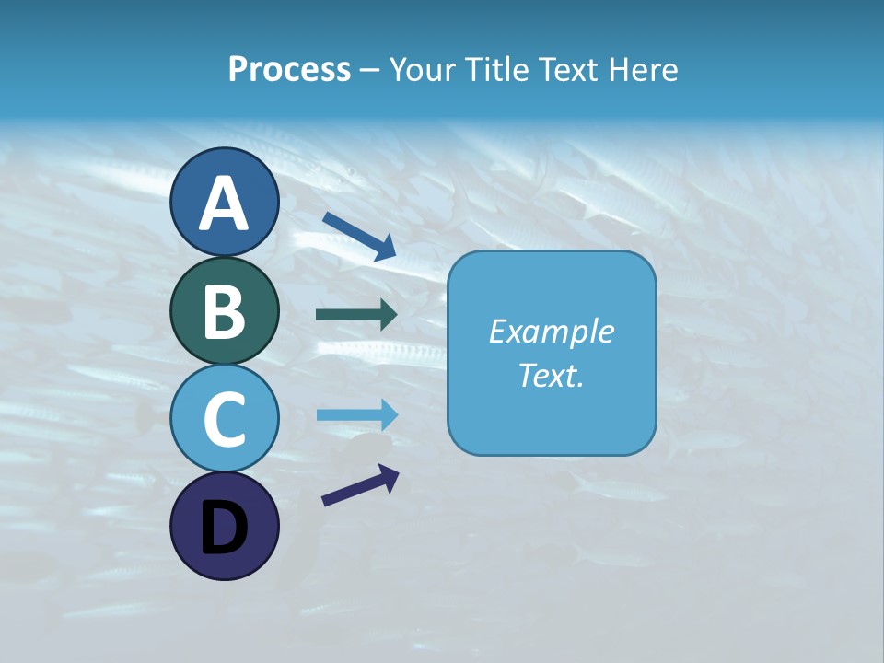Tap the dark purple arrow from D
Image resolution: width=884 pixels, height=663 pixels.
pos(360,486)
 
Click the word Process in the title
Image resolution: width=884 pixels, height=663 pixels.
pos(289,69)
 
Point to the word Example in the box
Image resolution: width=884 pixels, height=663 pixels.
pos(552,331)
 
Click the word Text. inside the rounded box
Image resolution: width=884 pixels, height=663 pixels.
pos(552,376)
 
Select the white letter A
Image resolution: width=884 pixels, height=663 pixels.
pos(224,204)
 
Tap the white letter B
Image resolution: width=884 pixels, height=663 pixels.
pos(224,312)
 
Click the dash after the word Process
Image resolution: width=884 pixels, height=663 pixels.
pos(370,71)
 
